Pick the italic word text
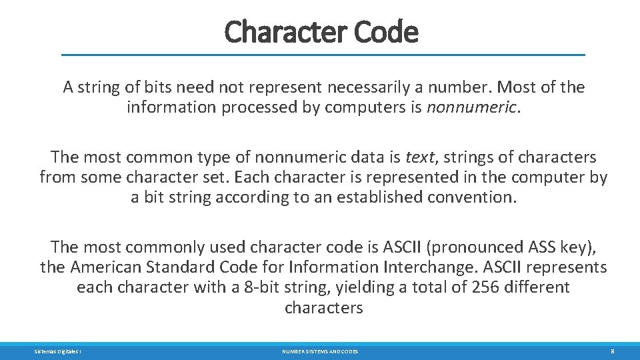pos(419,157)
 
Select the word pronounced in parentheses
pos(477,247)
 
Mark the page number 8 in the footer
pos(611,351)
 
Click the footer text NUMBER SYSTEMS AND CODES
pos(319,351)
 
